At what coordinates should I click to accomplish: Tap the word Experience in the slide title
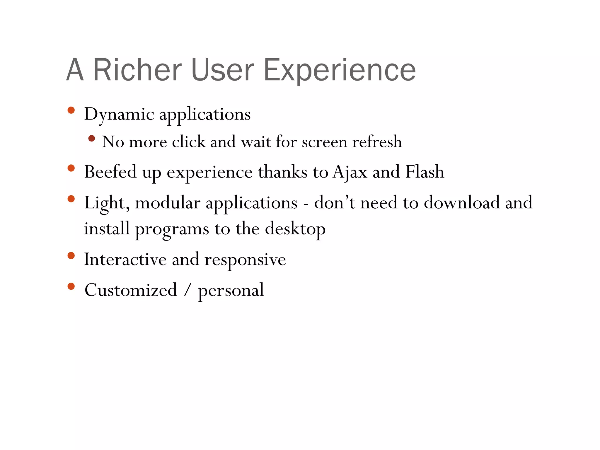coord(340,70)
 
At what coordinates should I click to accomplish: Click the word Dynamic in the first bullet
coord(119,114)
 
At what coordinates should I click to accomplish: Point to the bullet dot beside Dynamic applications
coord(71,110)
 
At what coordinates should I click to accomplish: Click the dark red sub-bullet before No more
coord(91,138)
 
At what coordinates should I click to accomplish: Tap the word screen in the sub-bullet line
coord(324,142)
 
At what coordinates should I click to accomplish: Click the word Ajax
coord(350,172)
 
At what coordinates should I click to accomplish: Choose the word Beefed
coord(110,172)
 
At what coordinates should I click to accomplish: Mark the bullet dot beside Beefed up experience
coord(71,168)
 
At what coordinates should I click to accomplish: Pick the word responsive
coord(245,260)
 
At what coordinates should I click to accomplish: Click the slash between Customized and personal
coord(187,290)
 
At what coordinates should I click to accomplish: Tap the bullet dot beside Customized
coord(71,286)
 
